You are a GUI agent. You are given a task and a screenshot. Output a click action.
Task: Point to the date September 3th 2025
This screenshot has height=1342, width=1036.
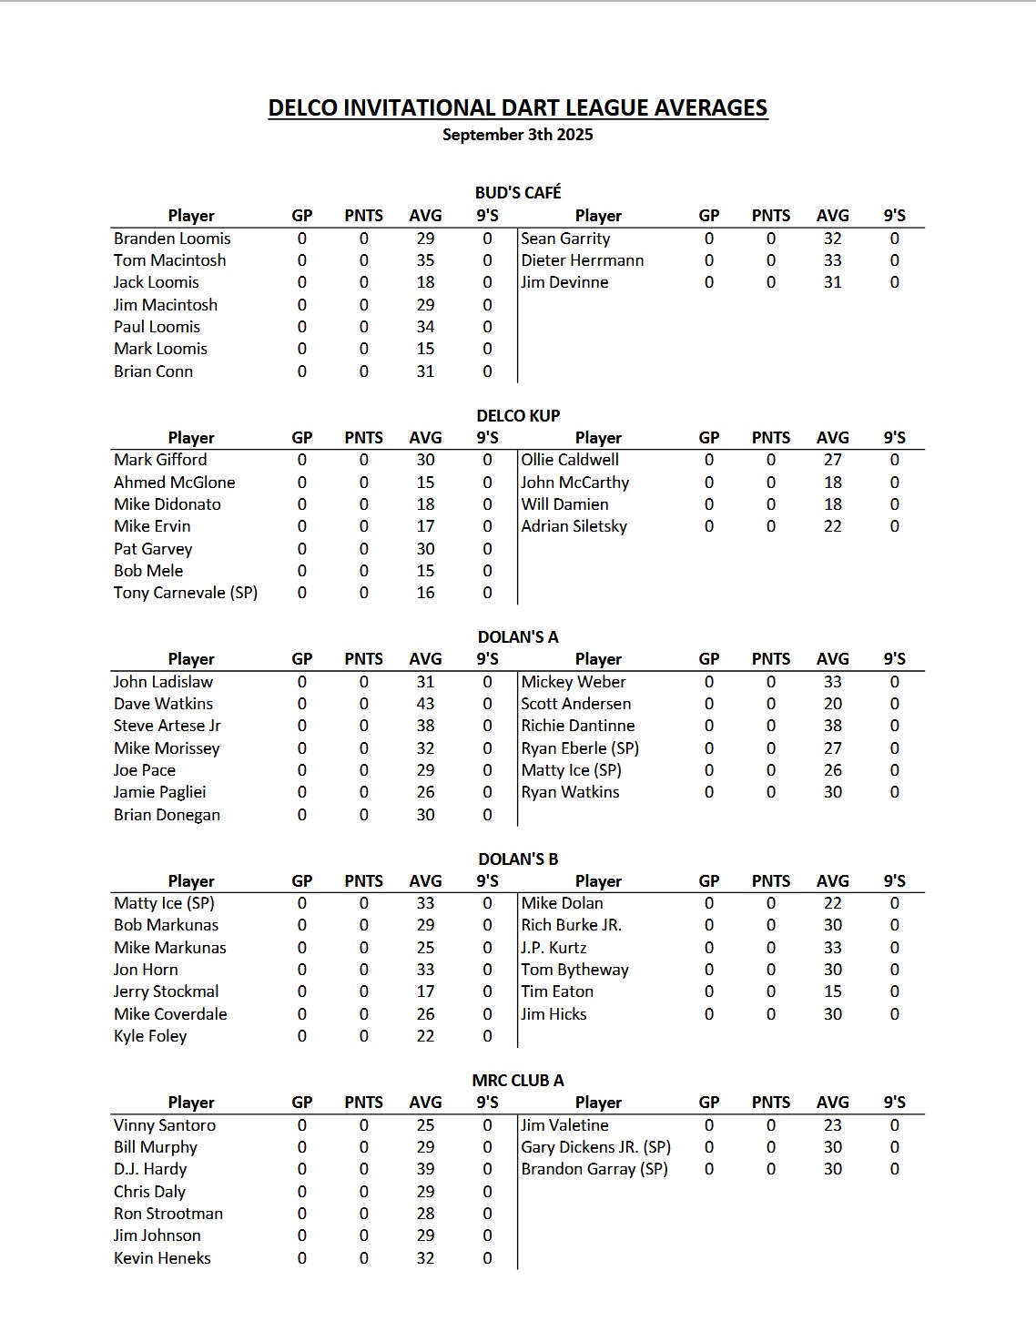[x=517, y=135]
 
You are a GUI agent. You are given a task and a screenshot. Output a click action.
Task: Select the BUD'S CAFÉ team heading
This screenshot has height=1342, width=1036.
[x=518, y=192]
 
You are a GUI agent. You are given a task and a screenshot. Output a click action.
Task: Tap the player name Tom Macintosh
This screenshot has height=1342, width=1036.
[x=169, y=260]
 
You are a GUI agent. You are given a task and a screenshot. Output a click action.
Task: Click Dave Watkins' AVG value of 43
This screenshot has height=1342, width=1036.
[x=425, y=704]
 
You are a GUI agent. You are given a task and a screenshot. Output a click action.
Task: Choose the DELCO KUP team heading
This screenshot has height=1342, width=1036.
[x=518, y=415]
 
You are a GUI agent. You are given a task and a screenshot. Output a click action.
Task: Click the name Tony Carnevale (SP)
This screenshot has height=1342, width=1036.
[x=186, y=593]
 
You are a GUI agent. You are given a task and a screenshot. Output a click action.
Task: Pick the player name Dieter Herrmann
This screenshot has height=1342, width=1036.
[x=582, y=260]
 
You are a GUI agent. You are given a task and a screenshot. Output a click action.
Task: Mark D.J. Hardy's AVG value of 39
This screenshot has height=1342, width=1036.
[x=425, y=1169]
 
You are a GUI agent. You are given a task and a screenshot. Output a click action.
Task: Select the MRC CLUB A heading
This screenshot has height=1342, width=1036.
[x=518, y=1081]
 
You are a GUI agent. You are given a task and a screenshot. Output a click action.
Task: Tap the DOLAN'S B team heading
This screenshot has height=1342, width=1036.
[x=518, y=859]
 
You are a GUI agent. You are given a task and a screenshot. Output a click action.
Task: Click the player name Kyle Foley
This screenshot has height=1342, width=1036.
[x=150, y=1036]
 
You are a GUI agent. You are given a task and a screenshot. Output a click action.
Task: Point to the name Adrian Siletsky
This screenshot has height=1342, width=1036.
[x=574, y=526]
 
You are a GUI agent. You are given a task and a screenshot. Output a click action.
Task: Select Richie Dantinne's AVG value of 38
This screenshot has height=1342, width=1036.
[x=832, y=726]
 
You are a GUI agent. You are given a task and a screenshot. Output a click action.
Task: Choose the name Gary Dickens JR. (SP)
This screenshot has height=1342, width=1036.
[x=595, y=1147]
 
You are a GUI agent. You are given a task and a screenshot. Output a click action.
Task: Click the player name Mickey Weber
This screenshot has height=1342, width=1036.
[x=574, y=682]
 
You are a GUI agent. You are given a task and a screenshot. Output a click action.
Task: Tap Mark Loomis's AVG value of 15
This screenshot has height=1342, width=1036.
[x=425, y=349]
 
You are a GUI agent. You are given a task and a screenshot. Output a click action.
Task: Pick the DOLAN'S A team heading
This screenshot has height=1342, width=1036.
[x=518, y=637]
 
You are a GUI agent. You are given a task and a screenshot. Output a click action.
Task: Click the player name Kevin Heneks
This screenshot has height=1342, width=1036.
[x=162, y=1258]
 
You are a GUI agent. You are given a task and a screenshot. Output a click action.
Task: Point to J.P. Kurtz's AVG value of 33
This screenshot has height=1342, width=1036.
[x=832, y=948]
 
